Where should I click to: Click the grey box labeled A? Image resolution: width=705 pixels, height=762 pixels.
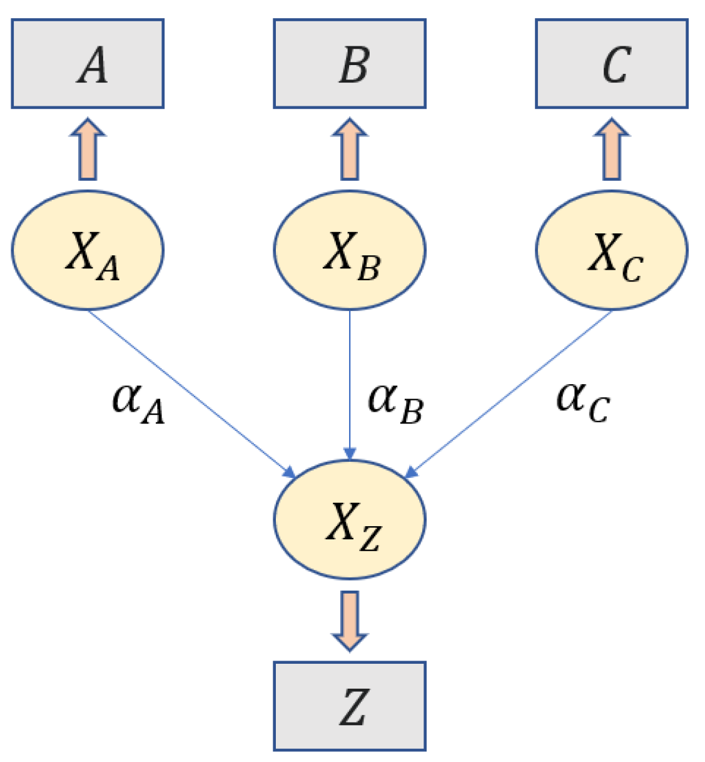(88, 64)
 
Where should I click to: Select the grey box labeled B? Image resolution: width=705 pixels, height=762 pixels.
(350, 64)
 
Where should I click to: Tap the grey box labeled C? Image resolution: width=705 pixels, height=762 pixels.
(611, 64)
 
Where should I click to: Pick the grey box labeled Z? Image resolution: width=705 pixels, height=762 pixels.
(350, 706)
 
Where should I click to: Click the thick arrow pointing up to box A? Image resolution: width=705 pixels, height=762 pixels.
(88, 150)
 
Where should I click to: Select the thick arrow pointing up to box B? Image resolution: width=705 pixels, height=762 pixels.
(350, 150)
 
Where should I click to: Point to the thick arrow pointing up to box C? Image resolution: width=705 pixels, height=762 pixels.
(611, 150)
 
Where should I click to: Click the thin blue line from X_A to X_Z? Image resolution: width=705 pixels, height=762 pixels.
(188, 392)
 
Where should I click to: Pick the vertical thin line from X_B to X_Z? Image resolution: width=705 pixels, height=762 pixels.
(350, 375)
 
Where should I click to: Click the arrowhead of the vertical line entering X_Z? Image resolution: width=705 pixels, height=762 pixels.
(350, 454)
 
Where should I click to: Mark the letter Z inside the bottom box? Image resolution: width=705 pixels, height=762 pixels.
(353, 707)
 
